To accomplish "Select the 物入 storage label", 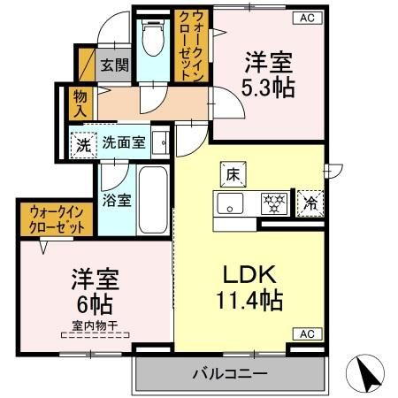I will (x=80, y=102).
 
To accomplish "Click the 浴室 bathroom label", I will (x=117, y=200).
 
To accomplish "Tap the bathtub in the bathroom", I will (x=154, y=200).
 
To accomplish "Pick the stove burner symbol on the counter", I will (x=274, y=204).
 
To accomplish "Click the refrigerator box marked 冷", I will (x=310, y=203).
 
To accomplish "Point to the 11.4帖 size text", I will (x=250, y=301).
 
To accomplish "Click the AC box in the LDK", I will (x=306, y=334).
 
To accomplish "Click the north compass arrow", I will (x=369, y=371).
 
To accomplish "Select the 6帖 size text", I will (x=96, y=306).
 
